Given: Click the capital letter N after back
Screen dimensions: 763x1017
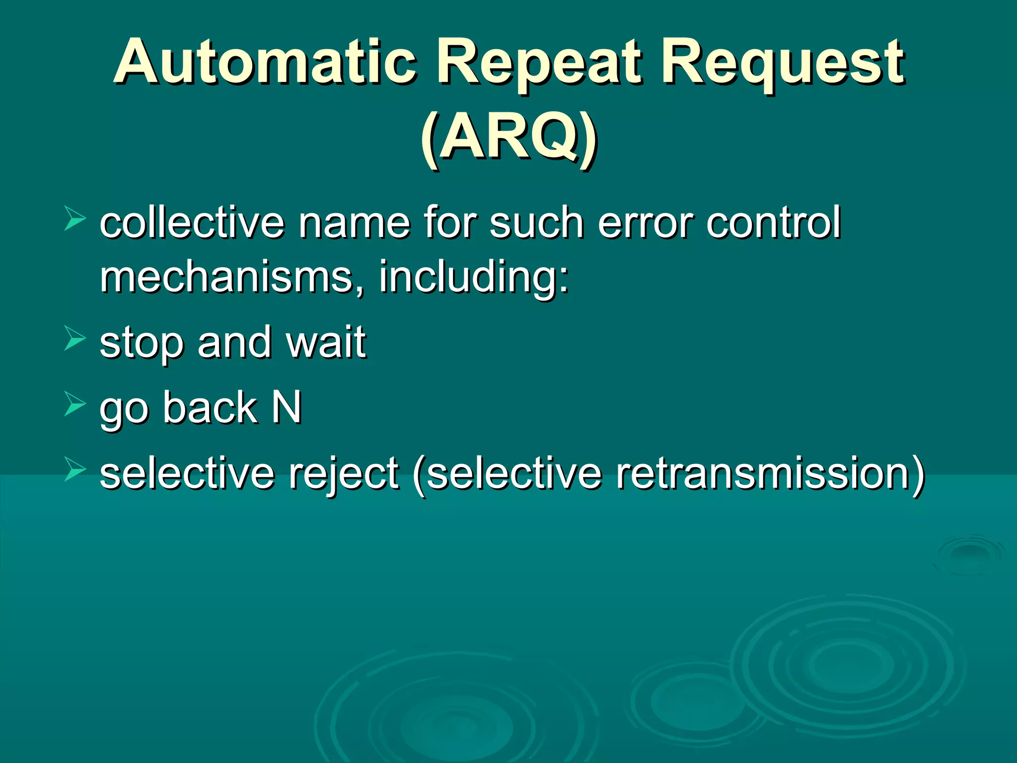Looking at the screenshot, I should (287, 407).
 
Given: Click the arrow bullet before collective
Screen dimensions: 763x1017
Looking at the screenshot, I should (75, 219).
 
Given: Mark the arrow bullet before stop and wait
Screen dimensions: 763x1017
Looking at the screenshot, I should (75, 339).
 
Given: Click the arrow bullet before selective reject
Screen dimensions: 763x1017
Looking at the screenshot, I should (75, 469).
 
